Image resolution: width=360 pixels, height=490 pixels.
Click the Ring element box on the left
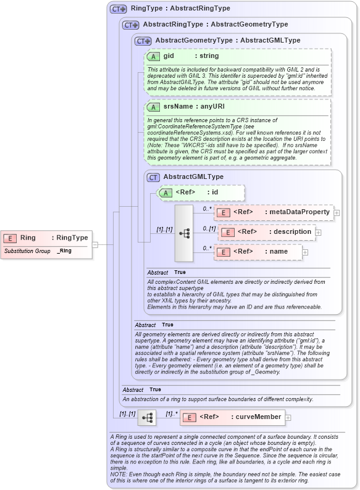[x=47, y=238]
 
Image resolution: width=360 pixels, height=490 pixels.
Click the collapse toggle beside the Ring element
[x=95, y=244]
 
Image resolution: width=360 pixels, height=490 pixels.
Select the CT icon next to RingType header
[x=118, y=9]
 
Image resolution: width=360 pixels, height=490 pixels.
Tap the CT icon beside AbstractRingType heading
[x=130, y=25]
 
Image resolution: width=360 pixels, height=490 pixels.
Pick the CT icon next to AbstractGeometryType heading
[x=143, y=41]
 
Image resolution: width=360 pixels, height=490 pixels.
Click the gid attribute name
[x=168, y=56]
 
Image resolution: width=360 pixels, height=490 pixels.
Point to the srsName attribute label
[x=176, y=106]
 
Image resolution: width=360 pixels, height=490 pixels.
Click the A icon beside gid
[x=153, y=56]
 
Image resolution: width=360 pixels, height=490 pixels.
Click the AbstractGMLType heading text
[x=193, y=176]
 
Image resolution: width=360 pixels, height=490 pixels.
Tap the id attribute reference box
[x=201, y=193]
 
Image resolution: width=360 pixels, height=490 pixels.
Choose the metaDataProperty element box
[x=273, y=212]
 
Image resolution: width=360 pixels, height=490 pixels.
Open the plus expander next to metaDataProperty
[x=337, y=213]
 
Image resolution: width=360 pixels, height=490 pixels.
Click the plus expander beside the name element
[x=305, y=252]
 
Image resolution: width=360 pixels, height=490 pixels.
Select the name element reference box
[x=258, y=252]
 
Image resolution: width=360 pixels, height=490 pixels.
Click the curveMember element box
[x=232, y=417]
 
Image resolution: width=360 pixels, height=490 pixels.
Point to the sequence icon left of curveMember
[x=148, y=417]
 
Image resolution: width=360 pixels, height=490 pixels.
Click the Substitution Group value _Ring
[x=64, y=251]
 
